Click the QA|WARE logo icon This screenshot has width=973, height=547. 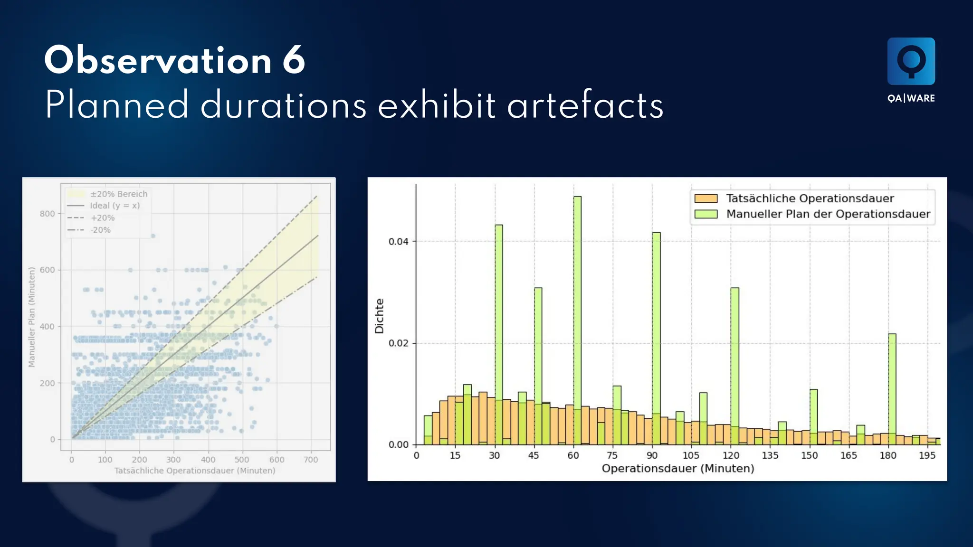(911, 61)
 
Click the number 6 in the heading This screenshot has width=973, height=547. (294, 60)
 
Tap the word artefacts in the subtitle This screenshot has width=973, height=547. (585, 105)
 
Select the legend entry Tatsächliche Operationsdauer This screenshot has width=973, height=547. (810, 198)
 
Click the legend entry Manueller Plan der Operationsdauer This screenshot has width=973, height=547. (828, 214)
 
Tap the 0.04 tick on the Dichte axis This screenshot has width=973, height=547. (398, 242)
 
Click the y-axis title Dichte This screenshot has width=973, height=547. (379, 316)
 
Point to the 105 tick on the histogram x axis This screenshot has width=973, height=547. (691, 456)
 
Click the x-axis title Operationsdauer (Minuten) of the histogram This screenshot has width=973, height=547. (677, 469)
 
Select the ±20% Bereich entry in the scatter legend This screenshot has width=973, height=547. (119, 194)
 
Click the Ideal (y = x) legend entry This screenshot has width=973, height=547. (114, 206)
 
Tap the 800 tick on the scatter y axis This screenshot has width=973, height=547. (47, 214)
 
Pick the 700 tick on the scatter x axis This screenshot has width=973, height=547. (311, 460)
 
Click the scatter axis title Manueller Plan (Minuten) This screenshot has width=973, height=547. (32, 317)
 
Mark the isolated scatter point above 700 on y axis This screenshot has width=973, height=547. (153, 236)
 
